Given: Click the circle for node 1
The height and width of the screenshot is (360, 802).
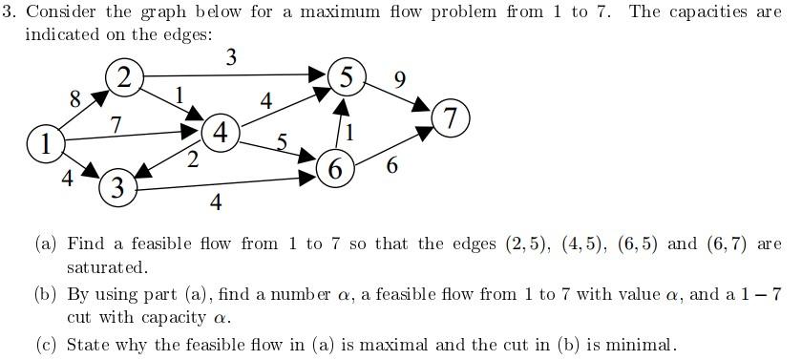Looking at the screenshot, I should [44, 145].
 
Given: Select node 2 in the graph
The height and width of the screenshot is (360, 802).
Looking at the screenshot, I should [124, 77].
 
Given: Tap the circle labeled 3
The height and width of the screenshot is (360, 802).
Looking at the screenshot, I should [116, 187].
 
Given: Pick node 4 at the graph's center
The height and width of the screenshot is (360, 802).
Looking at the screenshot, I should [222, 133].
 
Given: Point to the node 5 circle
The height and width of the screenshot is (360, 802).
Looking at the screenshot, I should [347, 77].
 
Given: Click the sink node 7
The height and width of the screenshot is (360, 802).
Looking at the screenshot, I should [451, 118].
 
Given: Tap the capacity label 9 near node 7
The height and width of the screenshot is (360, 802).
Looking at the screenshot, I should [400, 79].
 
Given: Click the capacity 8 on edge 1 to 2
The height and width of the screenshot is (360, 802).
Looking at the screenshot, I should [74, 97].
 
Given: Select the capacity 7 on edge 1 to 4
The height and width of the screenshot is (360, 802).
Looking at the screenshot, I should [116, 124].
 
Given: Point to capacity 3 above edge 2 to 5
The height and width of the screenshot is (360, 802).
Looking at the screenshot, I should [231, 57].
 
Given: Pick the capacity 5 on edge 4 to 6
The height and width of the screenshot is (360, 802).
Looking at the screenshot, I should [282, 142].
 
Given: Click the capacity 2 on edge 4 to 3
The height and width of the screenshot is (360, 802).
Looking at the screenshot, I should [193, 160].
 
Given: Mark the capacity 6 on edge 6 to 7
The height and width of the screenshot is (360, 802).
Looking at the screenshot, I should [392, 166].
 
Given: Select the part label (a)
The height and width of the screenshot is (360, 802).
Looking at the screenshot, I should [46, 244].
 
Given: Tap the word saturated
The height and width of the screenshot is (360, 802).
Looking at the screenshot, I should [107, 267].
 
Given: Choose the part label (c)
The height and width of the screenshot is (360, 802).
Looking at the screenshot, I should [46, 344].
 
